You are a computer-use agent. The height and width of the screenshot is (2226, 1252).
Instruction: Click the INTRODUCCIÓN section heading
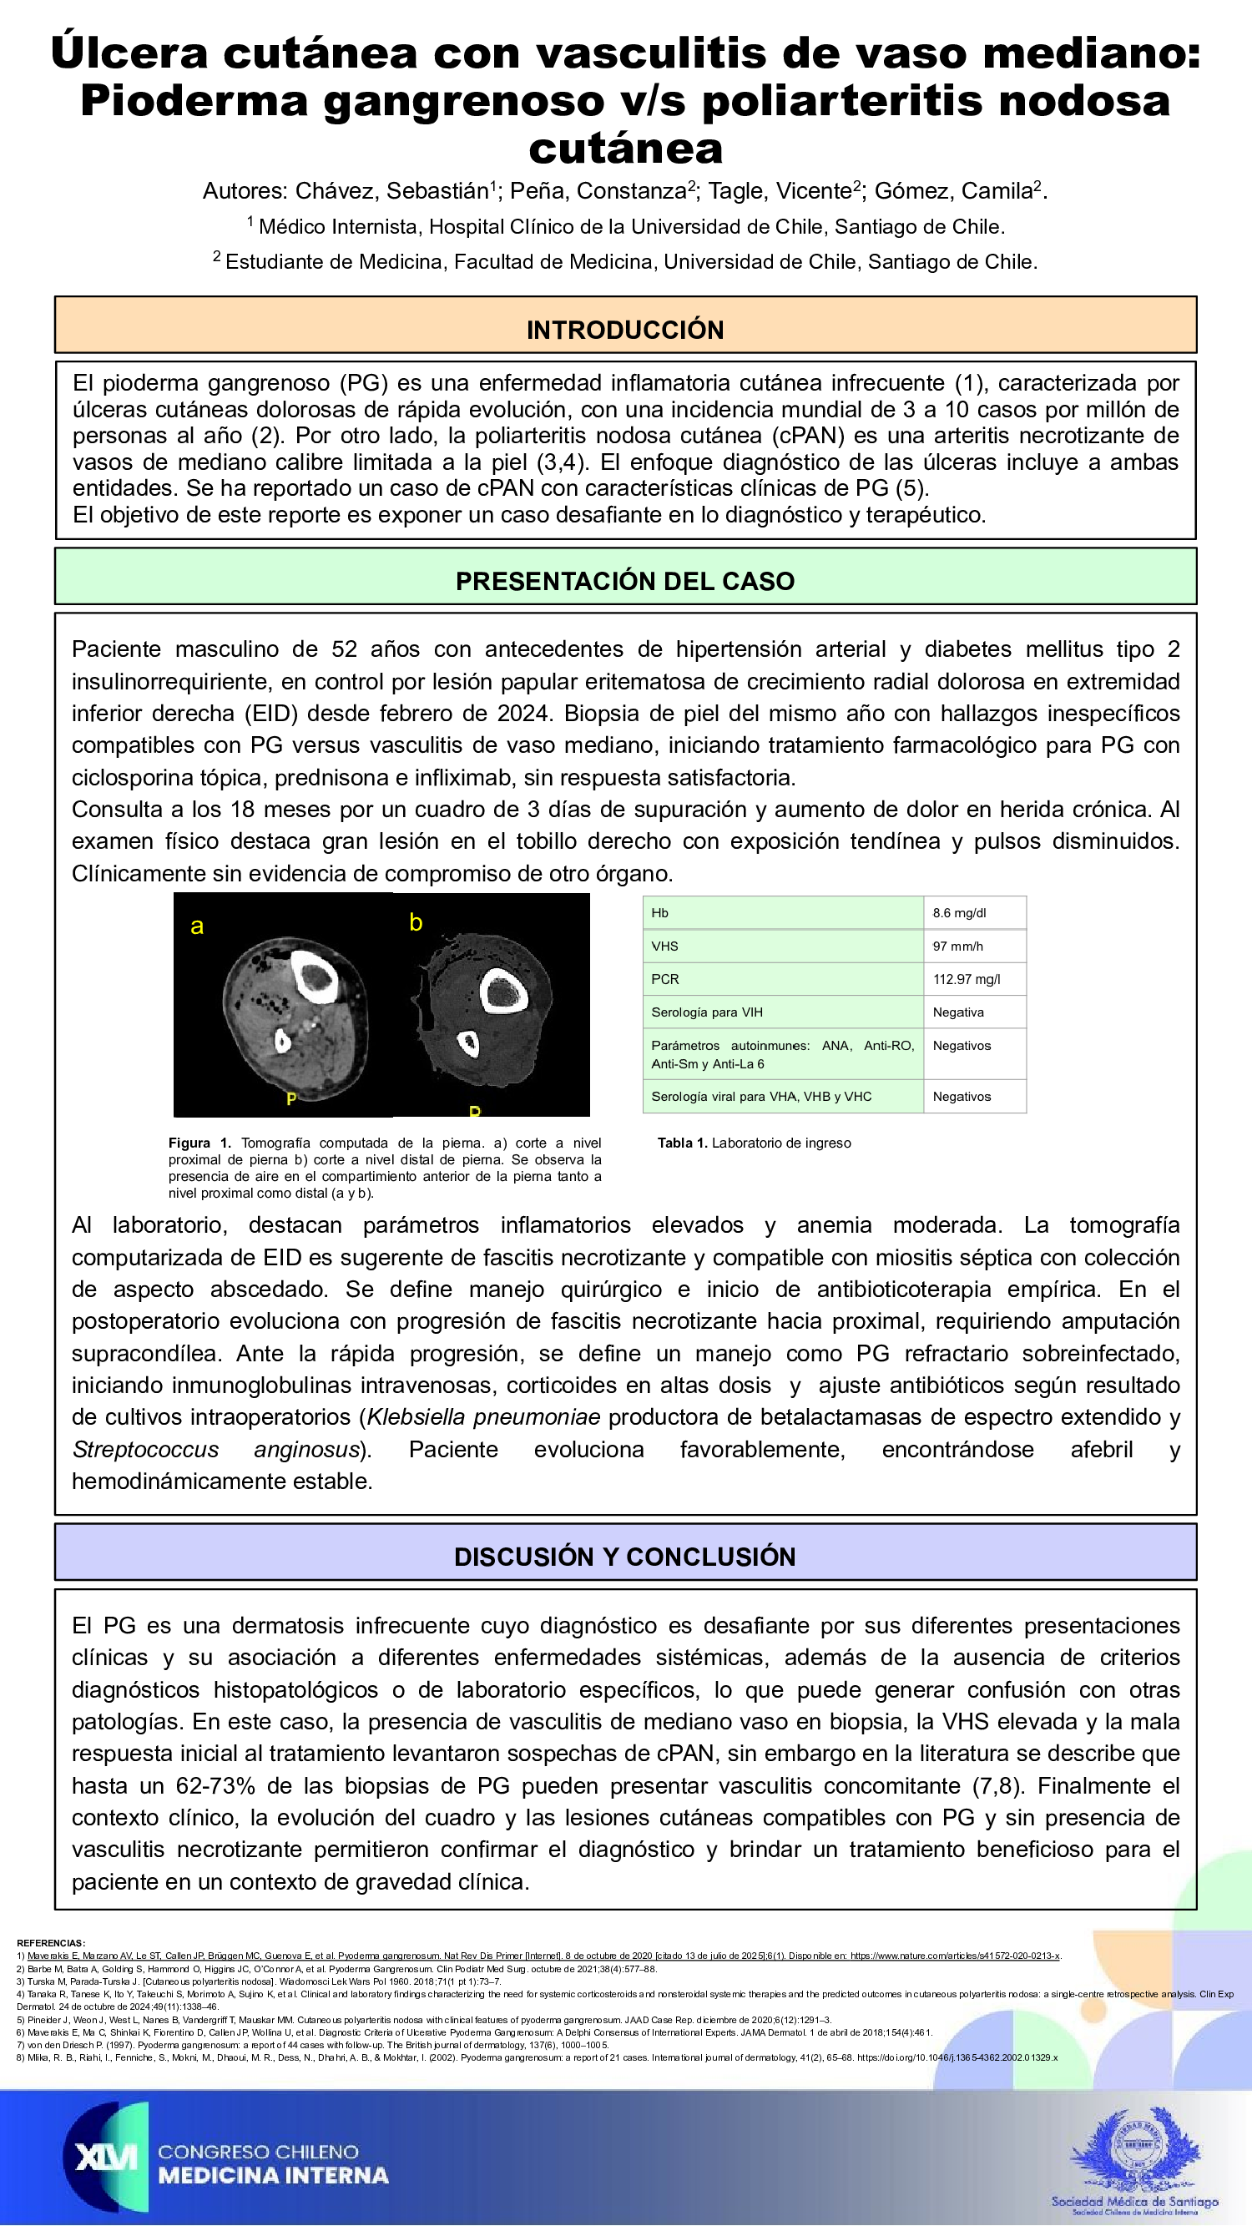pos(624,329)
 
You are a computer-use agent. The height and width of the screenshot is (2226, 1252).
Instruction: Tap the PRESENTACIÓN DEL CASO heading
pos(624,581)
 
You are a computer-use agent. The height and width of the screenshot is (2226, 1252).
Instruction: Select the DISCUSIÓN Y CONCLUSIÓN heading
pos(624,1557)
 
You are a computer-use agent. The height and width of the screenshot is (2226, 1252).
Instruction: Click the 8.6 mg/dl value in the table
pos(959,912)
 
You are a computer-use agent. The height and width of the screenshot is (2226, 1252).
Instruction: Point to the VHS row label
pos(664,946)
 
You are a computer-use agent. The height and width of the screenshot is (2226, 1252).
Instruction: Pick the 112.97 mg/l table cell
pos(966,979)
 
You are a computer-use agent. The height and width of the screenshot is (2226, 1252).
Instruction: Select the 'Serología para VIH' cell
pos(708,1012)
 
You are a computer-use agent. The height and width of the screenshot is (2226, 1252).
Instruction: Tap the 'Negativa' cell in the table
pos(958,1012)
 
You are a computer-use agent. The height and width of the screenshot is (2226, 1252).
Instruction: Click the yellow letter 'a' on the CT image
pos(197,926)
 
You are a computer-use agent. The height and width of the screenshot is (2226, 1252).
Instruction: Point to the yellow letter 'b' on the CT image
pos(416,922)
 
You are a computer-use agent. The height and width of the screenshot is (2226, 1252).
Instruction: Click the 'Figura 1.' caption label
pos(199,1143)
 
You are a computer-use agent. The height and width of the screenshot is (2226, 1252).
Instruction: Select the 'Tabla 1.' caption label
pos(682,1143)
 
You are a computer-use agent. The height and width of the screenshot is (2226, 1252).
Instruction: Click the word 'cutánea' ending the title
pos(624,149)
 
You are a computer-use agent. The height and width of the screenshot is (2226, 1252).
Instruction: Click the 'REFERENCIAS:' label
pos(50,1942)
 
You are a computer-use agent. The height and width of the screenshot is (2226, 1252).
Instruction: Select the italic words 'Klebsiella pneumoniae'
pos(483,1417)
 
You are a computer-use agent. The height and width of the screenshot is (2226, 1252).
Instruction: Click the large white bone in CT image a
pos(313,977)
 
